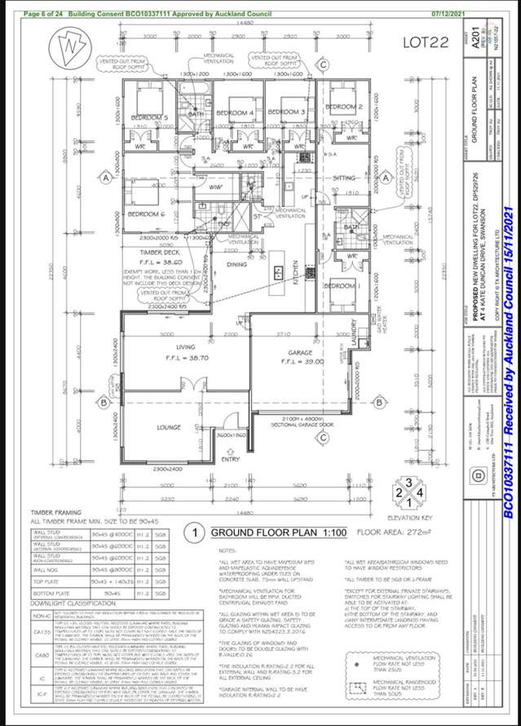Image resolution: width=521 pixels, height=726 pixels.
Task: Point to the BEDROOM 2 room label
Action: point(343,107)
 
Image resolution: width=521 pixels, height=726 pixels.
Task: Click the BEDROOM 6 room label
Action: point(147,213)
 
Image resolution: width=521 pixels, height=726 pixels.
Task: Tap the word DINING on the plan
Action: point(237,264)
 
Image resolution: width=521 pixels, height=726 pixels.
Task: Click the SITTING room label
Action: point(346,177)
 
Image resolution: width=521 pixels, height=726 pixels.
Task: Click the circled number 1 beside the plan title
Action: point(195,534)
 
